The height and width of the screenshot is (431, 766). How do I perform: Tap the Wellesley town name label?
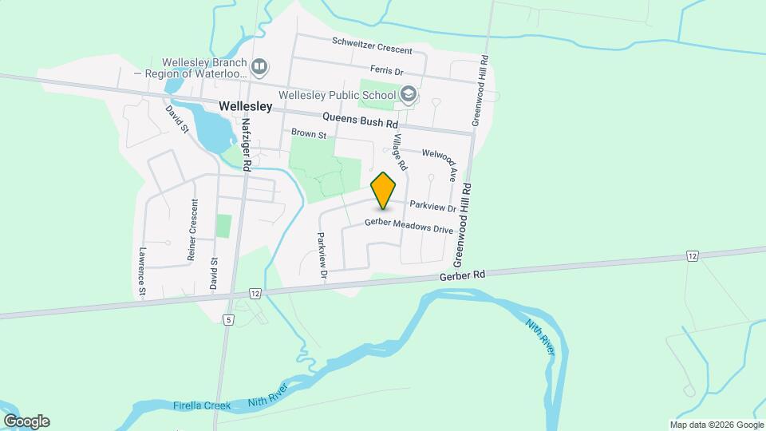(x=245, y=105)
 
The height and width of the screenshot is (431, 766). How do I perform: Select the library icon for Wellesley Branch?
(x=259, y=66)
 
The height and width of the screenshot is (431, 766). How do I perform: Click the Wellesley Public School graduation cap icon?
(x=409, y=95)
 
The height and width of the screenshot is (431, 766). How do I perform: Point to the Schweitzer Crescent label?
(x=372, y=45)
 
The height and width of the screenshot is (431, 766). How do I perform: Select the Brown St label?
(x=309, y=134)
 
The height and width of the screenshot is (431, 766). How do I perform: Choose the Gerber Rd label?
(x=462, y=275)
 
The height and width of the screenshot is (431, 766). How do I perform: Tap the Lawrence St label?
(x=141, y=271)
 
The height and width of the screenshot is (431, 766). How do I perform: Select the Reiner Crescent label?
(x=192, y=229)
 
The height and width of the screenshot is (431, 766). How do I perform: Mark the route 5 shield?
(x=229, y=320)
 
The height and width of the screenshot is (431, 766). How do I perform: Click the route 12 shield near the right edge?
(x=692, y=255)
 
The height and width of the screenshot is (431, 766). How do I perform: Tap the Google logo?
(x=26, y=421)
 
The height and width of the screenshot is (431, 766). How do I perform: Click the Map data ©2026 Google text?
(x=717, y=425)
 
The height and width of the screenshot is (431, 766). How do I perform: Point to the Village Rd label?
(x=398, y=152)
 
